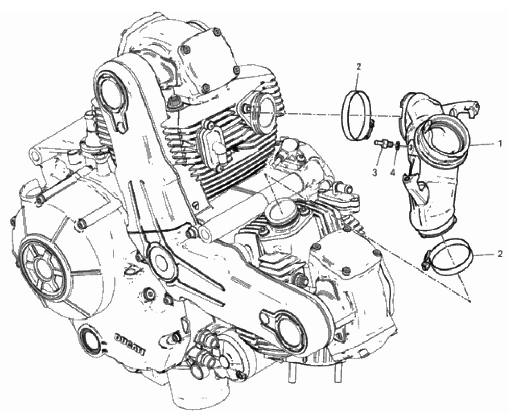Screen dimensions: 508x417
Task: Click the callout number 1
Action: [500, 143]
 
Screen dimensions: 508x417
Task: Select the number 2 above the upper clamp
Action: [358, 67]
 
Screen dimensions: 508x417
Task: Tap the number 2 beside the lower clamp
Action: [500, 253]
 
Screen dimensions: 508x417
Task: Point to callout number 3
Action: [375, 173]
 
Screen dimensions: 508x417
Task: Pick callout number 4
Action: [393, 173]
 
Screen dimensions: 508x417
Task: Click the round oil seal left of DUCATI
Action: [90, 337]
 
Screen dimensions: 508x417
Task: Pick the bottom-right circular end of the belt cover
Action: [288, 331]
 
